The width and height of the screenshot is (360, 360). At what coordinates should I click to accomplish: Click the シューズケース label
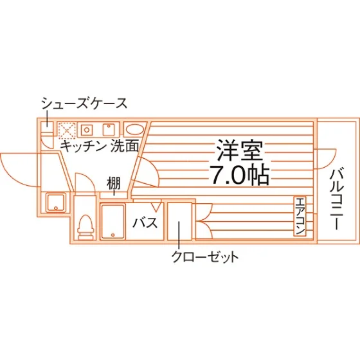84,104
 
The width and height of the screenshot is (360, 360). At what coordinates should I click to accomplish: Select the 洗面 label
125,146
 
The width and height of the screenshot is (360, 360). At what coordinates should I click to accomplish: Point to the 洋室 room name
240,150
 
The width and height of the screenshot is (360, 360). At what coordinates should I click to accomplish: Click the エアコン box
300,216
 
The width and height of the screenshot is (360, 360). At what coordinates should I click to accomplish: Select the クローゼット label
205,257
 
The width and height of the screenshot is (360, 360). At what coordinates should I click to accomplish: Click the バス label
145,222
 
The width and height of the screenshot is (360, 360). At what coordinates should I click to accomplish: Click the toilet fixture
85,227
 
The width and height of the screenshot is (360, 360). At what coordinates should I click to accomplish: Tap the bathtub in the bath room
113,222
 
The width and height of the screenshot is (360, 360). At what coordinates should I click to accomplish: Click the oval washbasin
134,130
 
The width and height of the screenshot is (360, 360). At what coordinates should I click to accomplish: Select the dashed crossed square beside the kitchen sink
67,130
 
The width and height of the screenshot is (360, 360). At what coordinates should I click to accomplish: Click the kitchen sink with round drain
86,130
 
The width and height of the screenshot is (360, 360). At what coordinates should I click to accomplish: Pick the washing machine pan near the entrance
56,203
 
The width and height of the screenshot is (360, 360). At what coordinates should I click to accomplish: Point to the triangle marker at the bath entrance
156,207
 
